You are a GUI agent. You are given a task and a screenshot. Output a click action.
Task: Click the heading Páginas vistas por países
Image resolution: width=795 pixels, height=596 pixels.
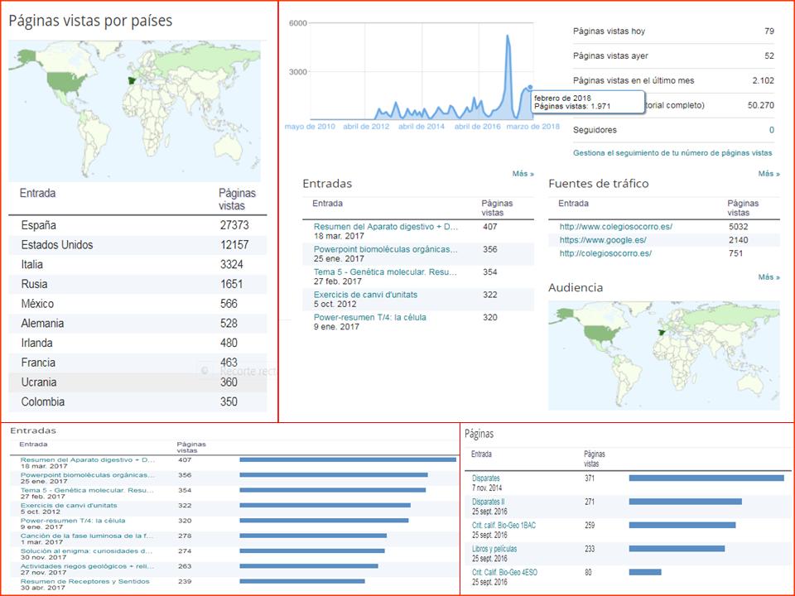click(x=90, y=21)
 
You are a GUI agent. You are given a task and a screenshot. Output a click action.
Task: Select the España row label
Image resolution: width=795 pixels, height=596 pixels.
click(x=39, y=225)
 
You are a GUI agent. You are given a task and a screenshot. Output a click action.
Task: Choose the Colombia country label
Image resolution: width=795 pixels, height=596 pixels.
click(x=43, y=402)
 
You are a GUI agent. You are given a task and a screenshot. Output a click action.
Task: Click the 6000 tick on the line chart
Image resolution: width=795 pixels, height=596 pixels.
click(x=298, y=23)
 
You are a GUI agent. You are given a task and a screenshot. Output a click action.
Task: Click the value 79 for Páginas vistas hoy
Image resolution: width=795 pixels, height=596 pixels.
click(x=769, y=31)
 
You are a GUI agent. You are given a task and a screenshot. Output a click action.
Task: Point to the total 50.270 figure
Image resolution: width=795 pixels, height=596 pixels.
click(x=760, y=105)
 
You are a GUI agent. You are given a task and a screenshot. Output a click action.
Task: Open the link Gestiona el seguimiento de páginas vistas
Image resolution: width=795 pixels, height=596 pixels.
click(x=672, y=153)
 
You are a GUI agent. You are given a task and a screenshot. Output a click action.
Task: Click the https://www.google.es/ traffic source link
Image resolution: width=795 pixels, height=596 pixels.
click(x=603, y=240)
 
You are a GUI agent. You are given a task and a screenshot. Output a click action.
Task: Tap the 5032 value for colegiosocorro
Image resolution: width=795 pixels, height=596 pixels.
click(x=739, y=226)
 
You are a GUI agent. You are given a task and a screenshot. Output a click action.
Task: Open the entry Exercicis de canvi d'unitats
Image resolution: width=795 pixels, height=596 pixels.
click(x=365, y=295)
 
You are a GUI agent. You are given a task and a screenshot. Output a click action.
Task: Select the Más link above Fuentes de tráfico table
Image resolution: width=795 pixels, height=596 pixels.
click(x=768, y=174)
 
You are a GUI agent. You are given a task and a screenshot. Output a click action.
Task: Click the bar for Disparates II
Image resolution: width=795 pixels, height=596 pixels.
click(x=685, y=502)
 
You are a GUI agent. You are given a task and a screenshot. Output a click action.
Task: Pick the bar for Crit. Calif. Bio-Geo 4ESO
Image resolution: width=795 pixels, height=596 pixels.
click(x=645, y=572)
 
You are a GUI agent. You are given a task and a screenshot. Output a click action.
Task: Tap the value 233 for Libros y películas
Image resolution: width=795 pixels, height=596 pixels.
click(x=590, y=548)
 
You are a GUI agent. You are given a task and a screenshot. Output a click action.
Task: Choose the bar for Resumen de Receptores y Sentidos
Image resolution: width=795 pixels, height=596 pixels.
click(x=301, y=581)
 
